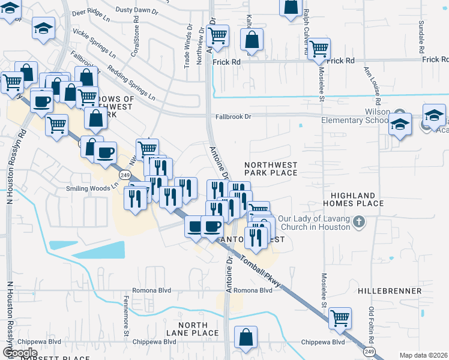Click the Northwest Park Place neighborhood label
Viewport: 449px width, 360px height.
[271, 168]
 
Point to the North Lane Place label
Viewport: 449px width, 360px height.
[193, 329]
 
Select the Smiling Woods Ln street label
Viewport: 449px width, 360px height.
[90, 188]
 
